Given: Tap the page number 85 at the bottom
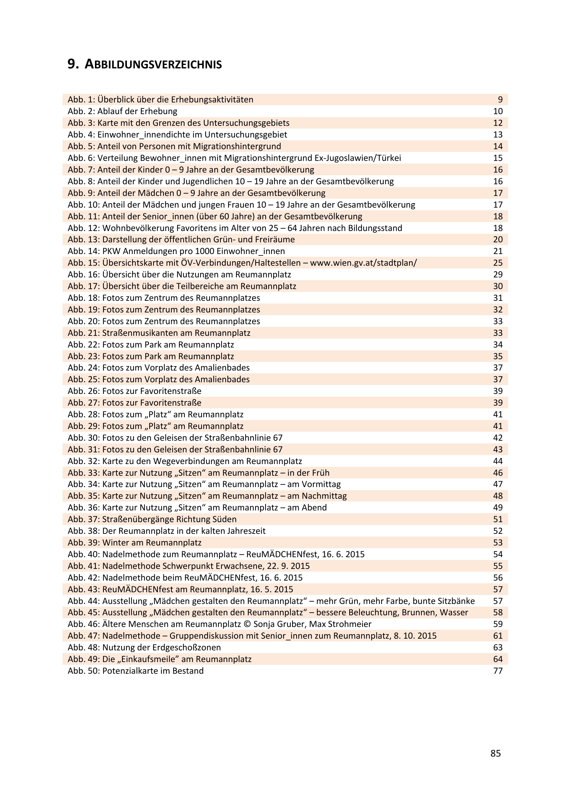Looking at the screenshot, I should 495,753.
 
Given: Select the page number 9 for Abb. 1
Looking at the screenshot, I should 500,100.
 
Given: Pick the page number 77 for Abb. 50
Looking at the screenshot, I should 498,671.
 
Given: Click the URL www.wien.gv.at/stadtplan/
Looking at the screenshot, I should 363,263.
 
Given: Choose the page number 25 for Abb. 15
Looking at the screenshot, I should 498,263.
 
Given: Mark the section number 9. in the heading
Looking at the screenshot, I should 73,64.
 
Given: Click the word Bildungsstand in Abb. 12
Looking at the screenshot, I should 375,228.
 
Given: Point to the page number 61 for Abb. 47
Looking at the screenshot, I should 498,636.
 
